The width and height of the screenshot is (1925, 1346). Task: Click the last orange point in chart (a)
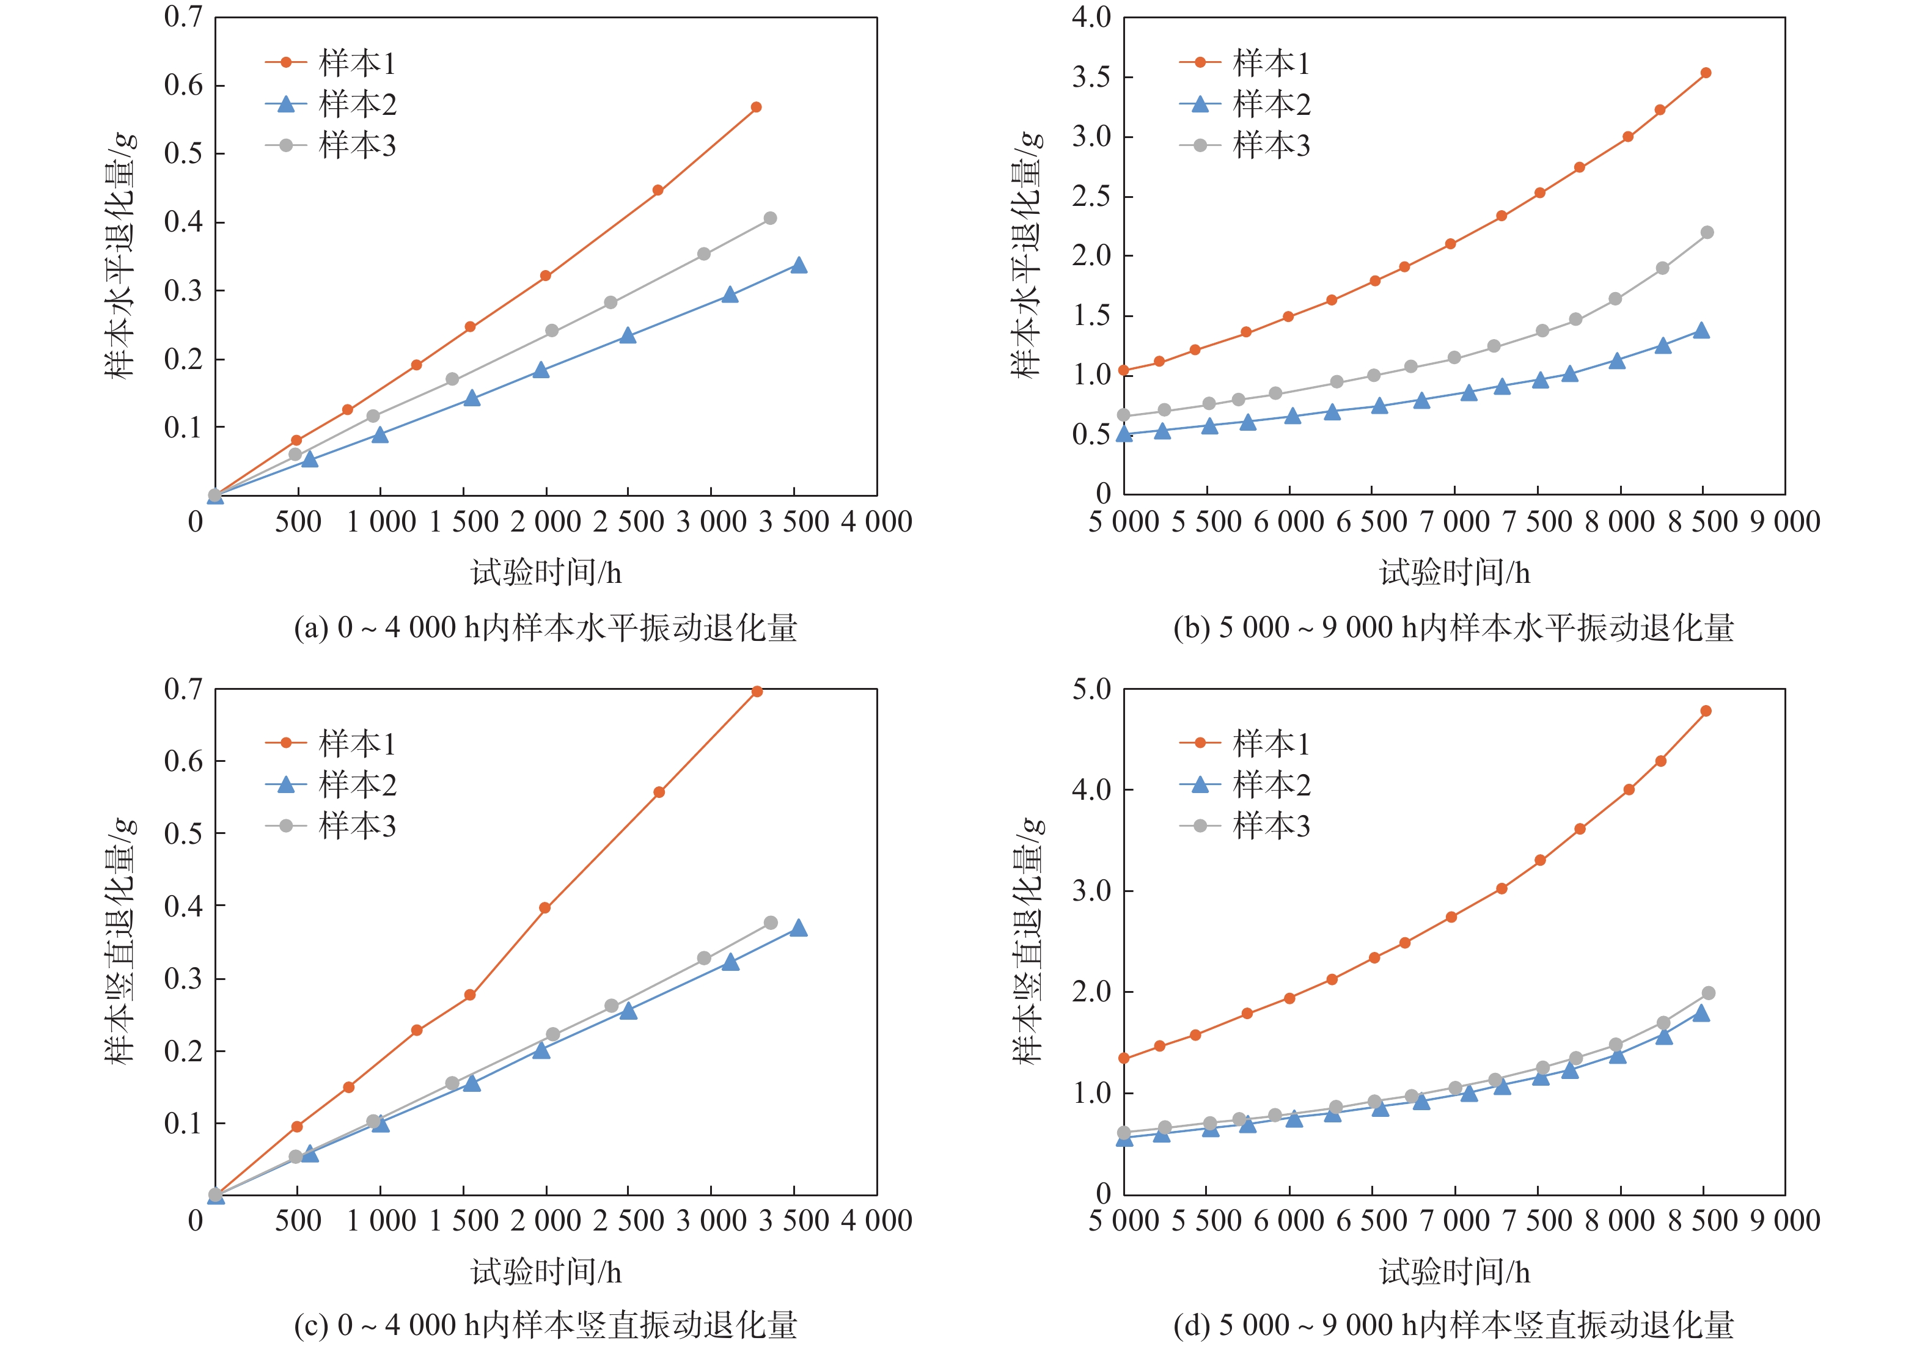757,108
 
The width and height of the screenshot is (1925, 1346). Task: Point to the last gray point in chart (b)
1707,232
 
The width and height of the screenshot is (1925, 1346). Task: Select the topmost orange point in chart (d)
1706,711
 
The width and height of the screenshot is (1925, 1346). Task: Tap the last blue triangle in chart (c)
799,929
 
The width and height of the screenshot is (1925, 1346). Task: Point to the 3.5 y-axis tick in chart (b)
1091,77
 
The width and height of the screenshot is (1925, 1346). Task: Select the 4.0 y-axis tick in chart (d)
1091,789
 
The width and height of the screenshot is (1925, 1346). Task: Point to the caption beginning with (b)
1453,627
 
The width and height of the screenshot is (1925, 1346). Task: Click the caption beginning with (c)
545,1325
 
